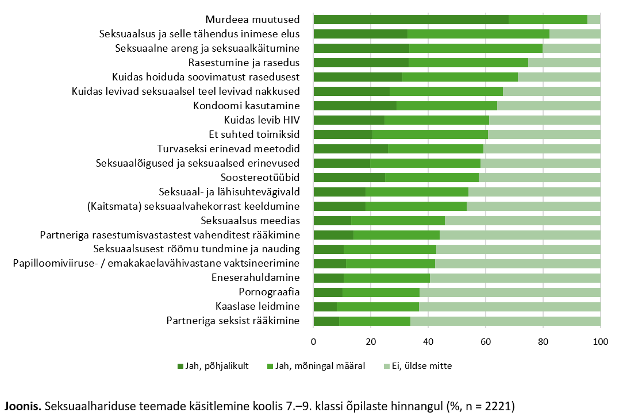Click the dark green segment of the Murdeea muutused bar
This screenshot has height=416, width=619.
[411, 20]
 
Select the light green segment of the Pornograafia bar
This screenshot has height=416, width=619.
[510, 292]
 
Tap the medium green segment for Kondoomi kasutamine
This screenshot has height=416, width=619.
[447, 105]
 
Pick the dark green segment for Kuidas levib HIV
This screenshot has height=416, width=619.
[349, 120]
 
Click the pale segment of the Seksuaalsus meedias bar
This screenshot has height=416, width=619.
[522, 220]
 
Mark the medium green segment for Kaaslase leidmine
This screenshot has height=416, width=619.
[378, 306]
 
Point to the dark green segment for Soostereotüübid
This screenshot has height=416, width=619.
[349, 177]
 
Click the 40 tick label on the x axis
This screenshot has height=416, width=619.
[428, 342]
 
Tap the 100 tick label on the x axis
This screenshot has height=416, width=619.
[600, 342]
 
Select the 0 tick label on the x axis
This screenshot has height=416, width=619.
[313, 342]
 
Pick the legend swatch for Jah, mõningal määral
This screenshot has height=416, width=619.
[271, 366]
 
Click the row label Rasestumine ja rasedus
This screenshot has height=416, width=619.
[244, 62]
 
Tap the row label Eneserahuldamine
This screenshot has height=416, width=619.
[256, 278]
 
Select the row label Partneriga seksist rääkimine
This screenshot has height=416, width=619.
[233, 321]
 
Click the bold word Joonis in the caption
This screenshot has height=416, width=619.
[23, 405]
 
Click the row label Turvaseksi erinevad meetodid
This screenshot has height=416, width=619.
[228, 148]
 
